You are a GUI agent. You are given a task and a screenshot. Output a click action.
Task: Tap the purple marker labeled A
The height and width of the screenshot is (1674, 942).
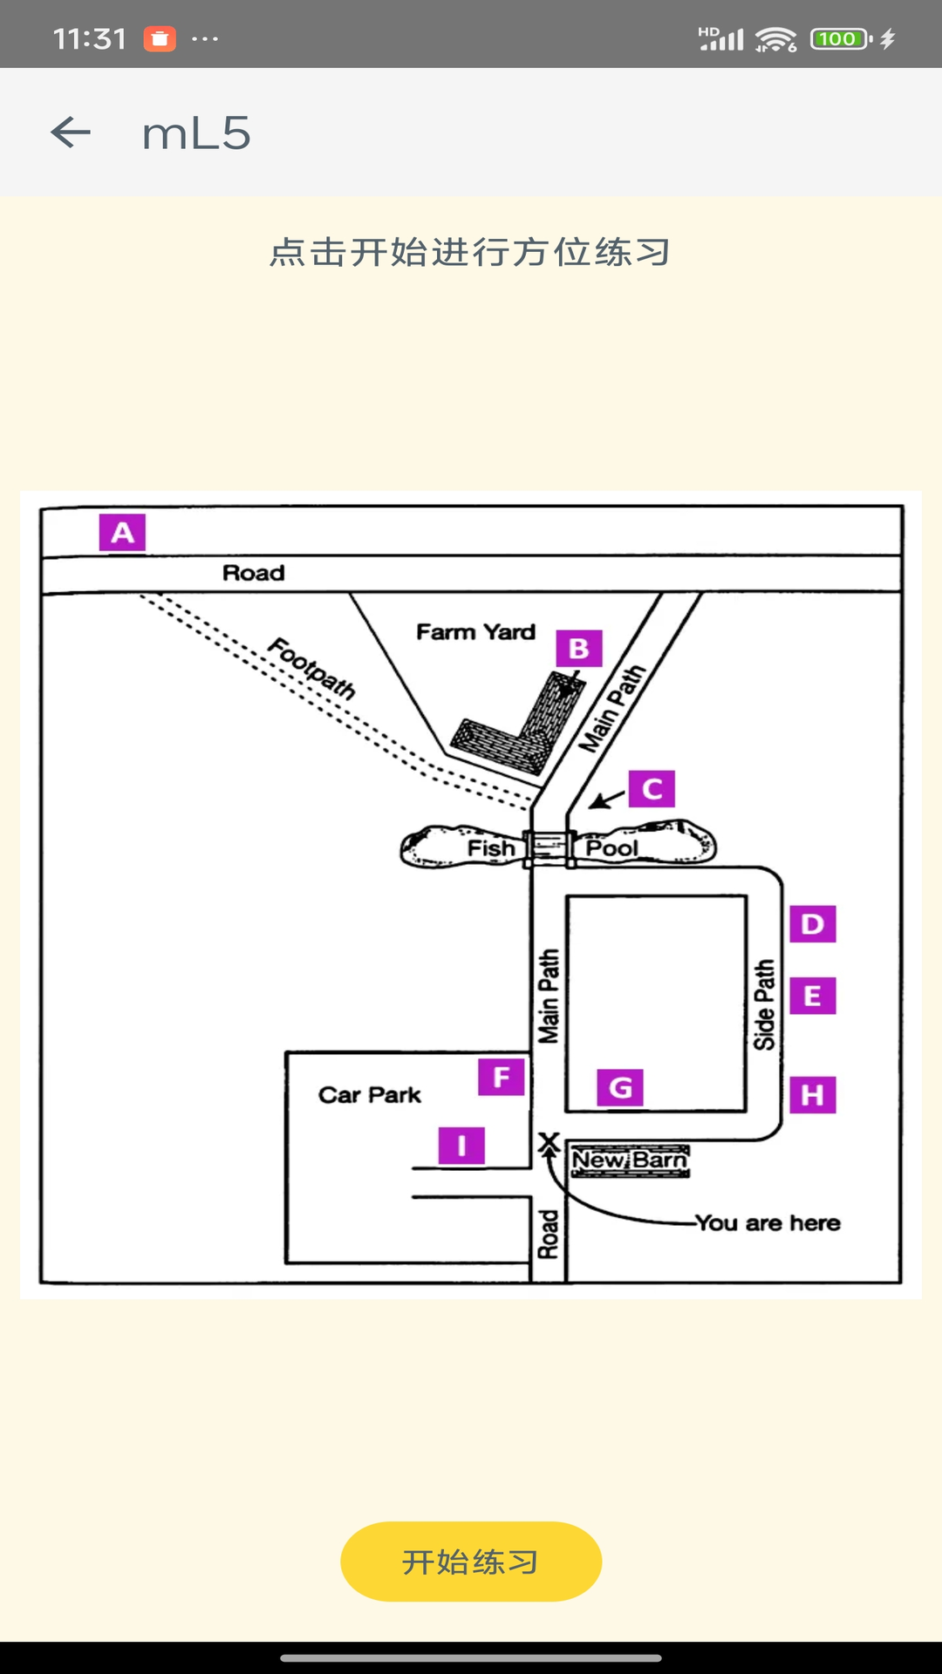pos(122,533)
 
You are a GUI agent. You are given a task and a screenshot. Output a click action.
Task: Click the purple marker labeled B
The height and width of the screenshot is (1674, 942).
pos(579,649)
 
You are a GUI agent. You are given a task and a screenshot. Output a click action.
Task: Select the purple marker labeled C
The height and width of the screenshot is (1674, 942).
pos(652,789)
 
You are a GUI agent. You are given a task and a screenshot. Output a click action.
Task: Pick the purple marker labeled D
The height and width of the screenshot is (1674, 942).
pos(813,924)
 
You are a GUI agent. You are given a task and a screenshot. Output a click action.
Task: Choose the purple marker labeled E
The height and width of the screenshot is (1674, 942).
pos(813,996)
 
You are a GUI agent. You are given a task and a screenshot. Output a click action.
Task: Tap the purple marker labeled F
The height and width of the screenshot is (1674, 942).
pos(502,1078)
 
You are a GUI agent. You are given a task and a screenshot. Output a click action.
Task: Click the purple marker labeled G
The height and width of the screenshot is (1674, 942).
pos(620,1088)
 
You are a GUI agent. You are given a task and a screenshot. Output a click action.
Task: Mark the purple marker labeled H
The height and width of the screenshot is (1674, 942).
pos(813,1095)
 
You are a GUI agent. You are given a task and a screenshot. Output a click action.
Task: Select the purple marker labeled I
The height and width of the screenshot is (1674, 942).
pos(461,1146)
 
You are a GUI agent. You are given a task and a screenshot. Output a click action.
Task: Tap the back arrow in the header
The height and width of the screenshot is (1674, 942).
pos(71,133)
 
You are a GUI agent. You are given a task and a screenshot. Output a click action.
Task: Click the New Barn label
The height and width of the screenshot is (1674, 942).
pos(630,1160)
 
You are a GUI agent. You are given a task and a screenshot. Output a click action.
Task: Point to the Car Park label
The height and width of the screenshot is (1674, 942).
pos(370,1095)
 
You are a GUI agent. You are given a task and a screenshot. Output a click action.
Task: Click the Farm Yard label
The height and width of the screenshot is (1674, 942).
pos(475,632)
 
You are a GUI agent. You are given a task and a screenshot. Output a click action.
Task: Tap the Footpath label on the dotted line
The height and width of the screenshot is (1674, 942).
pos(312,669)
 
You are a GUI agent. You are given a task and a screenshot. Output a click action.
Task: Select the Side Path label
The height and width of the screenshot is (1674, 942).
pos(764,1004)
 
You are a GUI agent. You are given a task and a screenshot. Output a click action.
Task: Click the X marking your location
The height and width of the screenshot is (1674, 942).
pos(549,1141)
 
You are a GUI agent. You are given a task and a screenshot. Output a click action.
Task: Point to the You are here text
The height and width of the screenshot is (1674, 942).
pos(768,1223)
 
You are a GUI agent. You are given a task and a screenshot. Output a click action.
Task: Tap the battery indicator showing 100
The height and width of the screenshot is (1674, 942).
pos(839,39)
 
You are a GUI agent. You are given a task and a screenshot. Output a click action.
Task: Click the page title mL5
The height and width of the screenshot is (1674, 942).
pos(196,133)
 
